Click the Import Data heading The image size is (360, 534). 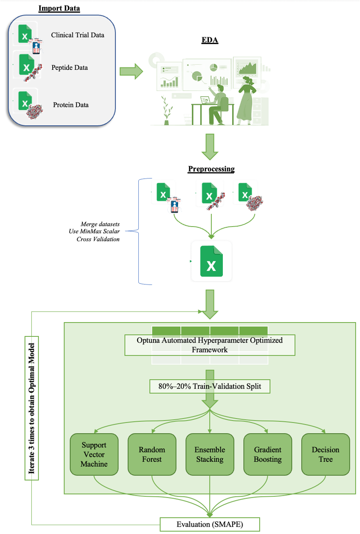tap(59, 8)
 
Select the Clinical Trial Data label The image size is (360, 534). tap(78, 35)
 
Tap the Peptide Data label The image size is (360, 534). tap(69, 67)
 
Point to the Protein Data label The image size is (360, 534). tap(71, 105)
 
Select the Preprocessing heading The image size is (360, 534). tap(211, 169)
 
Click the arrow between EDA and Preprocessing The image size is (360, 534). tap(211, 147)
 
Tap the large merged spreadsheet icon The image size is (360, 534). tap(211, 261)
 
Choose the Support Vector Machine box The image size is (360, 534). tap(94, 455)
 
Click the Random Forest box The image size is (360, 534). tap(152, 455)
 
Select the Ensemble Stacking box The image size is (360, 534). tap(210, 455)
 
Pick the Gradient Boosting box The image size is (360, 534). tap(268, 455)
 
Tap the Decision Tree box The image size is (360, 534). tap(325, 455)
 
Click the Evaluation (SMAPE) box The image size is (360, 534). tap(209, 524)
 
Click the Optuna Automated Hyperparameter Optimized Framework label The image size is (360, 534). tap(209, 345)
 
